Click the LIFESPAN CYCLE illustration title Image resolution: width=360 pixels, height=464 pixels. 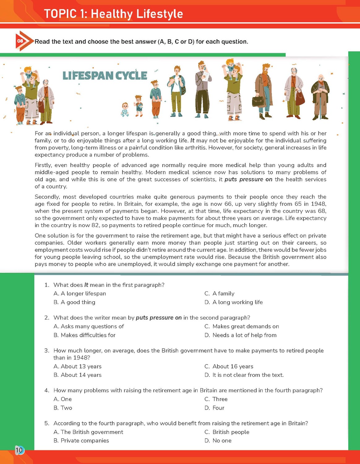pos(105,75)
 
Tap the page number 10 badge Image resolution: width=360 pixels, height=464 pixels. pos(19,450)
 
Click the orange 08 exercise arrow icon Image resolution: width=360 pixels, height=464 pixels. pos(22,41)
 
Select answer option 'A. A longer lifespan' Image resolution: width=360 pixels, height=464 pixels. pos(80,294)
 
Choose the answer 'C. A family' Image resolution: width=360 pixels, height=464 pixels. pos(220,294)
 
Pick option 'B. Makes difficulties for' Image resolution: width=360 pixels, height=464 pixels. pos(84,335)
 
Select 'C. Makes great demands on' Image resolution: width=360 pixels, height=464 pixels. pos(242,326)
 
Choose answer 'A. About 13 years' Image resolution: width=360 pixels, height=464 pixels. pos(78,367)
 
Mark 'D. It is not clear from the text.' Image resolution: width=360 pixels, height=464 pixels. pos(244,375)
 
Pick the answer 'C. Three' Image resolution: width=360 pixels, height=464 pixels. pos(216,399)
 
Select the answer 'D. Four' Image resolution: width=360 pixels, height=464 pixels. pos(215,408)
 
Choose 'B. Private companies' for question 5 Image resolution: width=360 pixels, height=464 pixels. pos(81,440)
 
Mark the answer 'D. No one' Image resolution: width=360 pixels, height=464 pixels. pos(218,440)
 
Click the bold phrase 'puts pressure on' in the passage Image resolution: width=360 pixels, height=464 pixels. pos(248,179)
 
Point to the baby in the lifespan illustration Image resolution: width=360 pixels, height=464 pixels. pos(125,110)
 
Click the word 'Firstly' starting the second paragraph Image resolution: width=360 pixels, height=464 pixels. pos(43,165)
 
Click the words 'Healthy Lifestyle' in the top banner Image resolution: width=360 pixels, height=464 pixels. pos(137,14)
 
